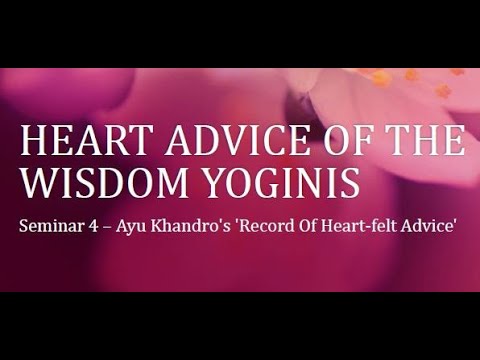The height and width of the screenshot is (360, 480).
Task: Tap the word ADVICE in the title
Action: point(212,142)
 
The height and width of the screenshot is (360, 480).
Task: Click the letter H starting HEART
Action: point(33,142)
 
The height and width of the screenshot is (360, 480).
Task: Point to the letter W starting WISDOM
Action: point(36,183)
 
